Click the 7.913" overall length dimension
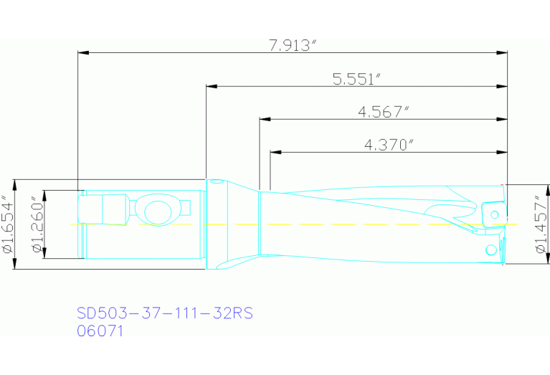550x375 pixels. click(293, 46)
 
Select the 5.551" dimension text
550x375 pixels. click(356, 79)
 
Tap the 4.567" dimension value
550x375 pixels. click(384, 111)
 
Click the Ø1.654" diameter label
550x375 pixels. click(9, 224)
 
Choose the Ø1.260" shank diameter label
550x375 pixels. click(38, 224)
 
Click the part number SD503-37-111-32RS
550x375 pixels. click(165, 313)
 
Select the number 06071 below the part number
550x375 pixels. click(100, 331)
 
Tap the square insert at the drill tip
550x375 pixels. click(493, 214)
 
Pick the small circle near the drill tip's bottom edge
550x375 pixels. click(491, 250)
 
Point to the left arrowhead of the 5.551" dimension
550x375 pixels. click(211, 86)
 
